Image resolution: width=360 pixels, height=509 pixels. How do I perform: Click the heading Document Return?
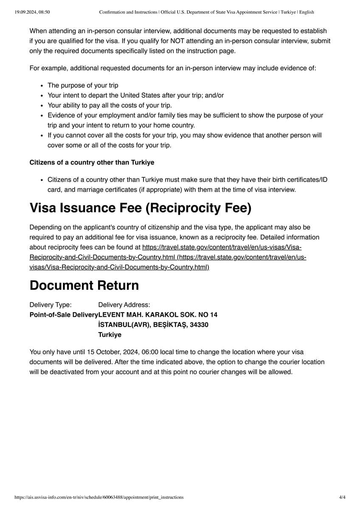[84, 285]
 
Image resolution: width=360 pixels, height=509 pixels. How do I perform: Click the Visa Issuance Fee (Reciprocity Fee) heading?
[140, 208]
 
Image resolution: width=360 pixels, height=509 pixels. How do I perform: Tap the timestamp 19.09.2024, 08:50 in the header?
[32, 12]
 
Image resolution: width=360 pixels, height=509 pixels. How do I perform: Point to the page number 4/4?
[342, 497]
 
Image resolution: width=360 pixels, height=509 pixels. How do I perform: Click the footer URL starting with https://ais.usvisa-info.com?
[99, 497]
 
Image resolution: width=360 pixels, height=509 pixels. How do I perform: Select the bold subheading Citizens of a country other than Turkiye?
[92, 162]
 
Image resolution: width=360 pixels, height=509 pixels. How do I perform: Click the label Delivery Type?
[51, 305]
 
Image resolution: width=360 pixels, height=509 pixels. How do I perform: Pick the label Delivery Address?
[124, 305]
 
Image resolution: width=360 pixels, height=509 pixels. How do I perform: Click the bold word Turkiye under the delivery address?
[110, 335]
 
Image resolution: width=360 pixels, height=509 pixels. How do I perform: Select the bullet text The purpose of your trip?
[83, 85]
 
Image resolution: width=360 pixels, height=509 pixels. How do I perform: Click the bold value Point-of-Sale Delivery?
[64, 315]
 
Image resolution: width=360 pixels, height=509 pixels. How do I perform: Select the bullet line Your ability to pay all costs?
[110, 105]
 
